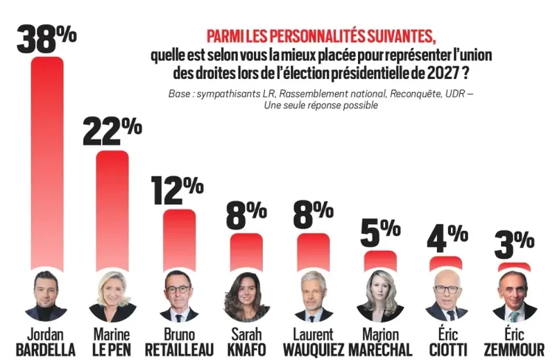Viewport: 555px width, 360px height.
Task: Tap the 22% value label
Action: (112, 131)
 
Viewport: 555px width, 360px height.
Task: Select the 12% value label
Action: (177, 190)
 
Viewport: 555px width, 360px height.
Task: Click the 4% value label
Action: (445, 239)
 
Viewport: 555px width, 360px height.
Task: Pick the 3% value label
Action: (513, 245)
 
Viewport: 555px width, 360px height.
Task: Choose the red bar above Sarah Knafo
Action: (246, 251)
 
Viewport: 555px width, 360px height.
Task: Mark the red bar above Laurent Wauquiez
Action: (314, 251)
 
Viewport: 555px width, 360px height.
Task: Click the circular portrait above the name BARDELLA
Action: (46, 295)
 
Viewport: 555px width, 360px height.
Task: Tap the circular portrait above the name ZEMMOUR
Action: (514, 295)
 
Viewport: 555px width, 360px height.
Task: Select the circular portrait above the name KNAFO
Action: (246, 295)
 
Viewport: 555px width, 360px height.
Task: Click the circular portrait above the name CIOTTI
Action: (447, 295)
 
